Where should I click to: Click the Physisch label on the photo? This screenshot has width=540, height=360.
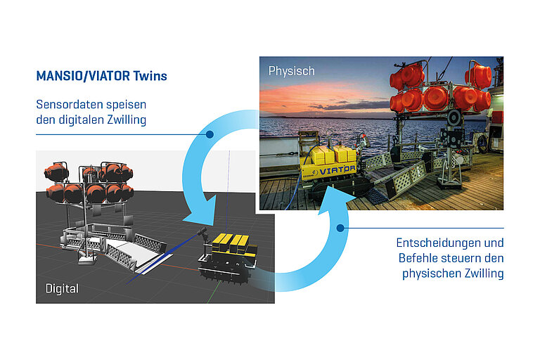(290, 71)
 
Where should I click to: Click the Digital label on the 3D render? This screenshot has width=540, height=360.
(62, 288)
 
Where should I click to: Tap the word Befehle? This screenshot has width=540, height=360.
(420, 258)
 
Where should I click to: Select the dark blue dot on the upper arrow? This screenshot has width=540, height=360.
(210, 134)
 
